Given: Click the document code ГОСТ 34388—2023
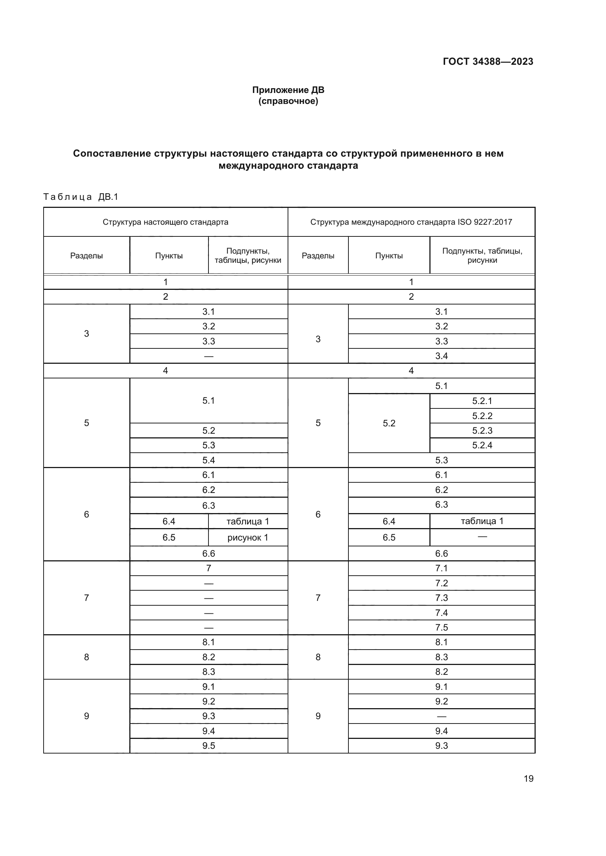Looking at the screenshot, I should [x=488, y=61].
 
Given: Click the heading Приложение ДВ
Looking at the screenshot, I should [x=288, y=90].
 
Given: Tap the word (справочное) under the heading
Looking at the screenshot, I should [x=288, y=101].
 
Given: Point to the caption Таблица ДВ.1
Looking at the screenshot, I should [x=81, y=197].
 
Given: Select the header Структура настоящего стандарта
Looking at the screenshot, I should [x=165, y=222].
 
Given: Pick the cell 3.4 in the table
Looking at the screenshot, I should [x=441, y=356].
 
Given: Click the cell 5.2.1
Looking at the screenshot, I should [x=482, y=401].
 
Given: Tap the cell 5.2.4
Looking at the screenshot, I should [x=482, y=445].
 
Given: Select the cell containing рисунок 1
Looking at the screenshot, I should [x=248, y=538].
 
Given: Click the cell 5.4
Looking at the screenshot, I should [x=208, y=460].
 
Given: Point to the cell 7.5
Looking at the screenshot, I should [x=441, y=628].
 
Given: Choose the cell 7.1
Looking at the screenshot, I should [x=441, y=568].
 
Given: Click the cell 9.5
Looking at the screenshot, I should [x=208, y=745].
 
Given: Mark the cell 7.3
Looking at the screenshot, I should [x=441, y=598].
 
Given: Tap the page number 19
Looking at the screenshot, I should [x=528, y=778].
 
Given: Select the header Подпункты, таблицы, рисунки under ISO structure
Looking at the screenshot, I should [x=482, y=255].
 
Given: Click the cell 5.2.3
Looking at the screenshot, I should [x=482, y=431].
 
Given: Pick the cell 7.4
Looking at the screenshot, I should [x=441, y=613].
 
